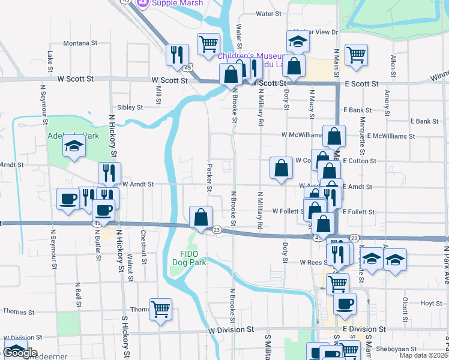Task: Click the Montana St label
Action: pyautogui.click(x=80, y=43)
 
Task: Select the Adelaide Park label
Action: pyautogui.click(x=73, y=136)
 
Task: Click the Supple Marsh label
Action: pyautogui.click(x=177, y=3)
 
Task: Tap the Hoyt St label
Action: pyautogui.click(x=431, y=303)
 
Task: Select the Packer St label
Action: pyautogui.click(x=209, y=178)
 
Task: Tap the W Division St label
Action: pyautogui.click(x=232, y=330)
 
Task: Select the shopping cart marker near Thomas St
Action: pyautogui.click(x=160, y=310)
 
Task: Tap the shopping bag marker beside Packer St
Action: pyautogui.click(x=200, y=217)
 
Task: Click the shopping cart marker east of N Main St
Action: pyautogui.click(x=356, y=55)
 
